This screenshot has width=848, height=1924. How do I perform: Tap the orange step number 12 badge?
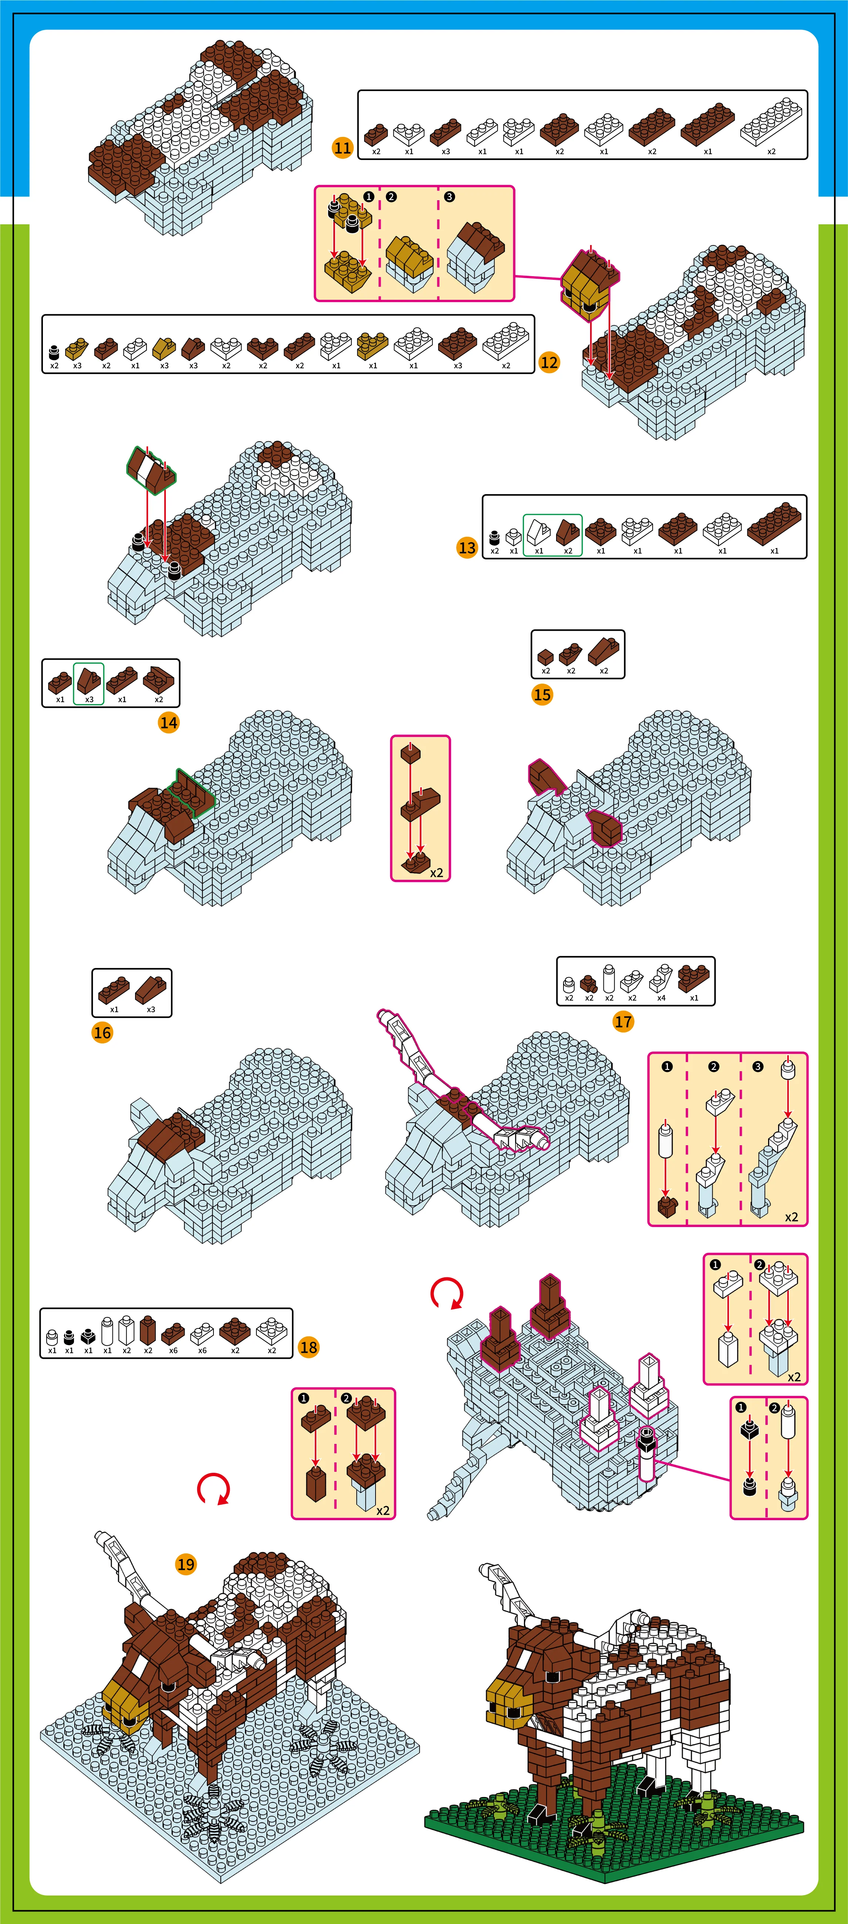pos(549,362)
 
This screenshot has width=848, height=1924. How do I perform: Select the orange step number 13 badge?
pos(467,547)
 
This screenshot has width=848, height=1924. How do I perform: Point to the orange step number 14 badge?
pos(169,722)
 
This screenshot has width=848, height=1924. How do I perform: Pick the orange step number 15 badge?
pos(542,695)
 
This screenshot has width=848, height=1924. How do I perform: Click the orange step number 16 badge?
pos(102,1033)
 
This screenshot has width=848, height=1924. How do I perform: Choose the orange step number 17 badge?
pos(623,1022)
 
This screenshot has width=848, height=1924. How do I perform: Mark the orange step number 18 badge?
pos(308,1347)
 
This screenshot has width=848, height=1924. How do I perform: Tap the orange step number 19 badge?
pos(186,1564)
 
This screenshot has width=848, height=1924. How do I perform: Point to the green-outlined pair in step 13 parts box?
pos(552,535)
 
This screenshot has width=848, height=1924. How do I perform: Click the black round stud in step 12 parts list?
pos(54,352)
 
